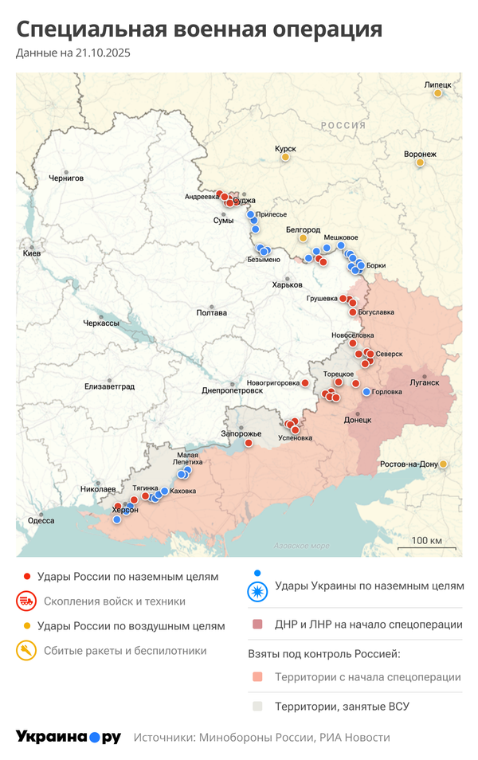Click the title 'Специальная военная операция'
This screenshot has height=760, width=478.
[x=199, y=29]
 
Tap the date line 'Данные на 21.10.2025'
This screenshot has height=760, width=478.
[x=73, y=53]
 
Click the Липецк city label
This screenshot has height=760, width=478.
[x=437, y=84]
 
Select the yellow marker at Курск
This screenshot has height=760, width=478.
[x=284, y=158]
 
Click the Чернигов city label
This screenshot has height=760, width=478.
[x=65, y=178]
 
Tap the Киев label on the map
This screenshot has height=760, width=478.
[x=32, y=253]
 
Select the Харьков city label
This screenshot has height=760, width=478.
[x=287, y=284]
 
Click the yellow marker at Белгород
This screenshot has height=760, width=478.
[x=303, y=238]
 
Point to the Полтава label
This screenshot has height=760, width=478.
[x=211, y=313]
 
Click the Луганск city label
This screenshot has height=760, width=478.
[x=425, y=382]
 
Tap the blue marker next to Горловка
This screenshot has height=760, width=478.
[x=366, y=392]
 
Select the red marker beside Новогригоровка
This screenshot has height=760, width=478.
[x=305, y=383]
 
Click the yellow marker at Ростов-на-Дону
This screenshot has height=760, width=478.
[x=444, y=464]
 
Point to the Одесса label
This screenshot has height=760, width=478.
[x=41, y=520]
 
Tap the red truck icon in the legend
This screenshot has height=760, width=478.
[x=26, y=601]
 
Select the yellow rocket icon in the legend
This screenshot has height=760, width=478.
[x=26, y=651]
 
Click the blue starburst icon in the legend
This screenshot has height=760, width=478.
[x=257, y=591]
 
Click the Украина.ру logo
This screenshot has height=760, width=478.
[x=69, y=737]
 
